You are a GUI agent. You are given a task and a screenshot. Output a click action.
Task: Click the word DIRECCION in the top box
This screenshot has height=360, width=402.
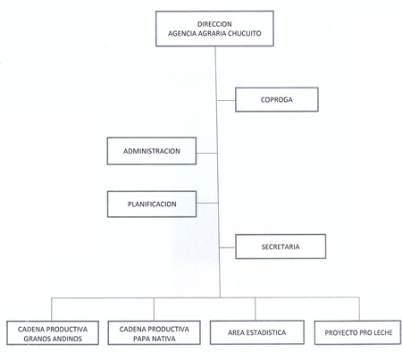click(214, 24)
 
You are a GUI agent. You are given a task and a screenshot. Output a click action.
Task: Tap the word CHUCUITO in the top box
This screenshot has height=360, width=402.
click(244, 33)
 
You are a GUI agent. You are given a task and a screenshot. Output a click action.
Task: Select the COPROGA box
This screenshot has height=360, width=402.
click(277, 99)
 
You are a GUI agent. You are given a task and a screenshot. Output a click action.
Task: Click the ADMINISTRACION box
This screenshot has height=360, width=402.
click(152, 151)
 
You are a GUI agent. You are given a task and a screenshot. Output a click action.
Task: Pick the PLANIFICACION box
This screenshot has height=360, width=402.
click(152, 204)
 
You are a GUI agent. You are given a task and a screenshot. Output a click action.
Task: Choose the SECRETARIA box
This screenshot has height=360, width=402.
click(281, 247)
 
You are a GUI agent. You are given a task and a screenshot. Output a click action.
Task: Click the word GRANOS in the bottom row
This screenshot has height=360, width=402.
click(36, 339)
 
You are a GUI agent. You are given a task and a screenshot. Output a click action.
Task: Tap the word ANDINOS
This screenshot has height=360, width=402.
click(66, 339)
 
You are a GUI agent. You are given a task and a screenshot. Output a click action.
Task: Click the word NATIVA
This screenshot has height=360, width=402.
click(163, 339)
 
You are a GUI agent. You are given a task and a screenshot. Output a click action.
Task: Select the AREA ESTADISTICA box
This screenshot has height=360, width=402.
click(257, 332)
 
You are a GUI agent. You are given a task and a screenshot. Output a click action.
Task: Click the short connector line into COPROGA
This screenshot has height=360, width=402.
click(226, 100)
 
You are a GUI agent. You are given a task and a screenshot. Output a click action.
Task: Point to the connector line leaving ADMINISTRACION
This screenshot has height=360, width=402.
click(207, 154)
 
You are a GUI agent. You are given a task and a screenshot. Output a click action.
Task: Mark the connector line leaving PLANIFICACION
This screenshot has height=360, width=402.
click(207, 204)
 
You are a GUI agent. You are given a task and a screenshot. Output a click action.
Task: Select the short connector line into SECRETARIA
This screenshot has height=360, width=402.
click(228, 247)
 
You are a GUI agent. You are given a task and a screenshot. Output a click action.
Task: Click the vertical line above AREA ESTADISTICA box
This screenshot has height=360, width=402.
click(255, 309)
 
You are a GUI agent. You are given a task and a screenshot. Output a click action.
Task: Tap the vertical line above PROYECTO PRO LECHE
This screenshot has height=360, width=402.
click(359, 309)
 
